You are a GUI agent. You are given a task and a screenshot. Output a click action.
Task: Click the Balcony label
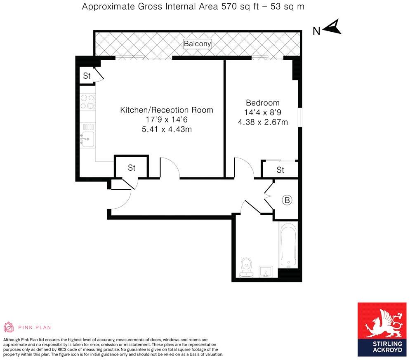(197, 43)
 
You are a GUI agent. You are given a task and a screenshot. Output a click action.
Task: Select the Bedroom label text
(263, 103)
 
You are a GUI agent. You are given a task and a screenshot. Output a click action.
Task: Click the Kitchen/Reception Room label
(167, 110)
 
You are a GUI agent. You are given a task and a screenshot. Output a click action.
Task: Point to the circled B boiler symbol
(287, 200)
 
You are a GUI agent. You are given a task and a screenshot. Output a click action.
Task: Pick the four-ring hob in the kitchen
(87, 102)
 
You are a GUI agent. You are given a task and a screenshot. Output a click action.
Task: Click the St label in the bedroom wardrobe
(280, 170)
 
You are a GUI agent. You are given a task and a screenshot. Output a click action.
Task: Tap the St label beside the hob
(87, 76)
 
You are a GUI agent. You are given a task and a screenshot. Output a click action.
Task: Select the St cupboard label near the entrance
(131, 168)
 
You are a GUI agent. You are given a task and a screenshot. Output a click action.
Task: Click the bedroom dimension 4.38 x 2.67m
(263, 122)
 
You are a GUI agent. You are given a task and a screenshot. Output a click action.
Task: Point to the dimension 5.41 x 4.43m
(167, 129)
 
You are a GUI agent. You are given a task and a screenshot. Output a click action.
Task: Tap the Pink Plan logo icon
(9, 327)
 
